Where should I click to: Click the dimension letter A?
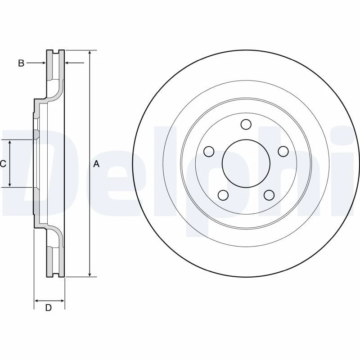pos(96,164)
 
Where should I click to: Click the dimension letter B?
pos(21,63)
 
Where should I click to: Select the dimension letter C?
pos(3,164)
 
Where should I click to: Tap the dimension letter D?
pos(49,308)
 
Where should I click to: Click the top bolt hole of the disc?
pos(246,124)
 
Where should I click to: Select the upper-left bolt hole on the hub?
pos(209,152)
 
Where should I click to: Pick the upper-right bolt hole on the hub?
pos(283,151)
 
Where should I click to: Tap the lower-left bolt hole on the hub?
pos(223,195)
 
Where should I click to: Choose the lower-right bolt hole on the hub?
pos(269,195)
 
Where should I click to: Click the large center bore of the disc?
pos(246,163)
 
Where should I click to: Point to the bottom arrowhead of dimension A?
pos(90,274)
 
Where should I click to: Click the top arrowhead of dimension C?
pos(9,143)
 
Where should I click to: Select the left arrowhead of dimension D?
pos(37,301)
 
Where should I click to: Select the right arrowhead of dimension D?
pos(62,301)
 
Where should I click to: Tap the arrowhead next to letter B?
pos(43,63)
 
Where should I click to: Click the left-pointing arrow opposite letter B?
pos(75,62)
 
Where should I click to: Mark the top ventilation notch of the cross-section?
pos(55,52)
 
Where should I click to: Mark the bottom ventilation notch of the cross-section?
pos(55,275)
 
